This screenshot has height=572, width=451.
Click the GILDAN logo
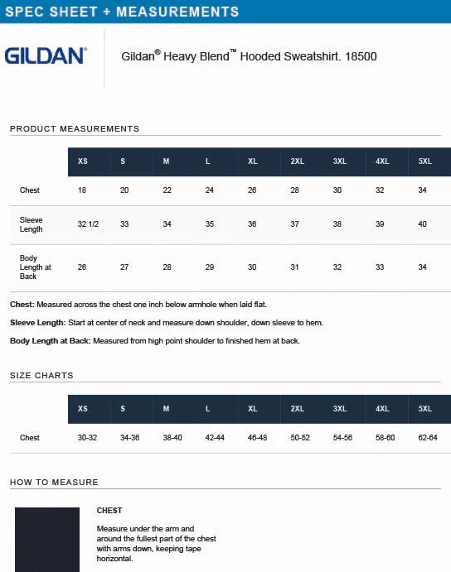(x=45, y=56)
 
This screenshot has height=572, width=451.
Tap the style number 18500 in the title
(x=361, y=57)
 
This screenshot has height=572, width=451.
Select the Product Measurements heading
(x=75, y=129)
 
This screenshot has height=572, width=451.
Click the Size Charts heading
(x=41, y=376)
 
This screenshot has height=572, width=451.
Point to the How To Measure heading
(x=54, y=483)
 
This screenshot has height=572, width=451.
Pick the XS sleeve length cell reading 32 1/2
(x=88, y=224)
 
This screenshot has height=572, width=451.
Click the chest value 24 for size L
(x=210, y=190)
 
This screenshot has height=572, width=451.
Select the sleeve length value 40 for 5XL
(x=423, y=224)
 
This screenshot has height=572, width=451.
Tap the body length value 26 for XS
(x=82, y=267)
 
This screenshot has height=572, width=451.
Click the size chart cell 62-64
(x=428, y=438)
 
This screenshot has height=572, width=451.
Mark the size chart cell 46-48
(x=257, y=438)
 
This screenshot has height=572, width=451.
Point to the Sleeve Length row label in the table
(x=32, y=224)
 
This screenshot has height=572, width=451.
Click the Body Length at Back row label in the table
(x=36, y=267)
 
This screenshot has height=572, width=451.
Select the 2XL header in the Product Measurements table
(x=297, y=161)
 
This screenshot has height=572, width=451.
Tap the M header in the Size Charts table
(x=166, y=409)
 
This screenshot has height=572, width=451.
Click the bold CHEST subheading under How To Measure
(x=109, y=511)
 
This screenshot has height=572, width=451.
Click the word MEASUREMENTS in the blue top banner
(x=178, y=12)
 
